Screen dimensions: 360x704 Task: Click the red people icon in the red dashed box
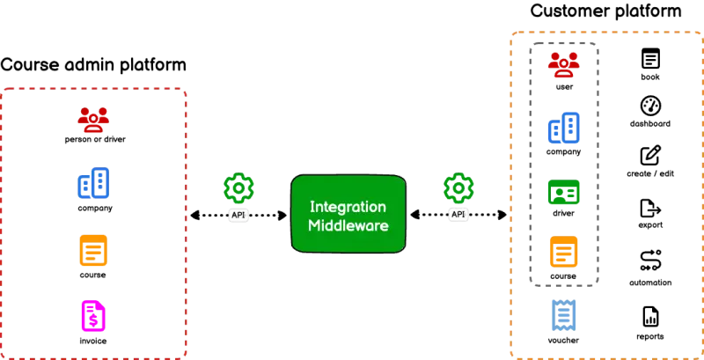(92, 120)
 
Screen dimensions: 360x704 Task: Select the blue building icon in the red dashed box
(92, 185)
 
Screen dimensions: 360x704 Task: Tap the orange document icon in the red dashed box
(92, 250)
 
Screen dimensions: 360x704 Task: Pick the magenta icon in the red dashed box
(92, 314)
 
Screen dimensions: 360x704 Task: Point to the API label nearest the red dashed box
(238, 216)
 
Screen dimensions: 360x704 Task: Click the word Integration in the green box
(348, 207)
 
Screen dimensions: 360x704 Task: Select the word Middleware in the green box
(348, 226)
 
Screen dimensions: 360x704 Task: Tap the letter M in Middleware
(315, 226)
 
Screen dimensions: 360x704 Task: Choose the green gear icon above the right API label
(459, 187)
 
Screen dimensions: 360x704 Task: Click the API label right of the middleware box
(458, 215)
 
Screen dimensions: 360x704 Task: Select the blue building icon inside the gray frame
(563, 128)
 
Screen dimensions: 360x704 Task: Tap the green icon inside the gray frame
(563, 191)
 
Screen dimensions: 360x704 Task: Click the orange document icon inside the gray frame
(563, 250)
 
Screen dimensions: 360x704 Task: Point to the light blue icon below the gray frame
(563, 313)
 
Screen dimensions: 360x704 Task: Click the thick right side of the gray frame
(599, 163)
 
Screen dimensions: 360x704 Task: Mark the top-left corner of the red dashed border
(4, 88)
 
